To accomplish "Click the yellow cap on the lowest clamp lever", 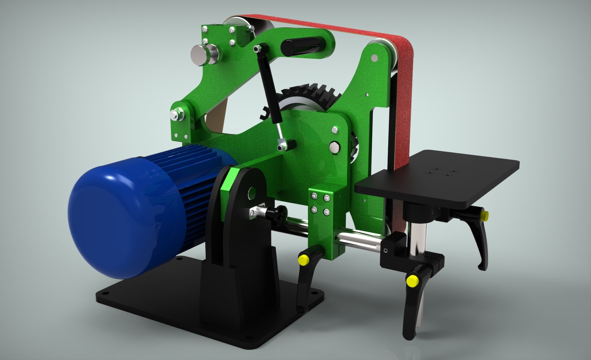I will click(x=412, y=280).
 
